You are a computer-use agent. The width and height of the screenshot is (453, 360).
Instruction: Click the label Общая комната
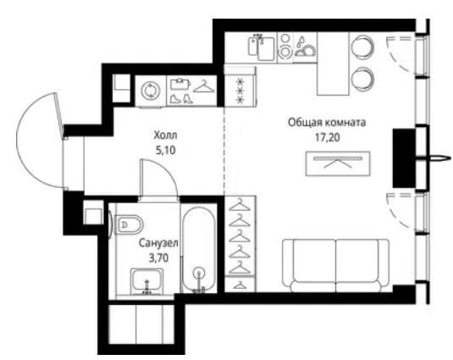click(327, 123)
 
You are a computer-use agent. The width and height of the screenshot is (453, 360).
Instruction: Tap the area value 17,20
click(327, 137)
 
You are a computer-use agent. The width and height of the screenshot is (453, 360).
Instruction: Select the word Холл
click(166, 136)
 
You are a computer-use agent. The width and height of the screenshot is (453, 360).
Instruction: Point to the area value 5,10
click(166, 150)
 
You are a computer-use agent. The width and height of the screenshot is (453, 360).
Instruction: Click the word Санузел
click(158, 243)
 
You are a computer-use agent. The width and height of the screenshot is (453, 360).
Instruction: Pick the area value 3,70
click(158, 258)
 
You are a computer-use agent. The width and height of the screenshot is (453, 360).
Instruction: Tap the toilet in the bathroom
click(129, 224)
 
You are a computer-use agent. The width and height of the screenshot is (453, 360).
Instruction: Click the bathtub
click(199, 250)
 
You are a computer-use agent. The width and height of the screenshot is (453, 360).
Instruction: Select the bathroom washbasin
click(146, 282)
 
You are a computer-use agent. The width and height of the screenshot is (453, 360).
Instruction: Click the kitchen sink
click(261, 47)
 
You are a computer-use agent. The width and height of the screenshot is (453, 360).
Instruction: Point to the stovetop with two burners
click(285, 47)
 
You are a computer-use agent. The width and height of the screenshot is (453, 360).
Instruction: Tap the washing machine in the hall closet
click(150, 91)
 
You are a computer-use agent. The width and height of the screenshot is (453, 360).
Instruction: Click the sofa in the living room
click(335, 265)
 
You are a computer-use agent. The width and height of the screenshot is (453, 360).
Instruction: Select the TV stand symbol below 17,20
click(338, 163)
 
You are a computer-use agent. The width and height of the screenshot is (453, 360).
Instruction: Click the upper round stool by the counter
click(362, 47)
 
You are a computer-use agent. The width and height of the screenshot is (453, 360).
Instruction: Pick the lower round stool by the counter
click(363, 79)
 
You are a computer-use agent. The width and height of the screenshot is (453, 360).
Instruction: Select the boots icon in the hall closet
click(181, 99)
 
